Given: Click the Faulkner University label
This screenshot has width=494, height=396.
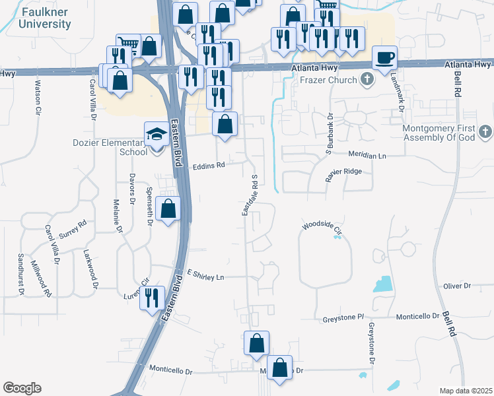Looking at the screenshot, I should [x=45, y=18].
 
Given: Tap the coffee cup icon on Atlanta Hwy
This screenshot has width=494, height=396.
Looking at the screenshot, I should [x=384, y=57].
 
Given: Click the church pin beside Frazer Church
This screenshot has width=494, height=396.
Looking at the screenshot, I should [x=368, y=81].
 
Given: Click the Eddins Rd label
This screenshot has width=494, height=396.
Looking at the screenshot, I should [x=209, y=166].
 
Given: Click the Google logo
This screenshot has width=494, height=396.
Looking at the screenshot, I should [x=22, y=388].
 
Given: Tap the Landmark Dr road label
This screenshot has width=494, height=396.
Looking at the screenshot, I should [x=399, y=92].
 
